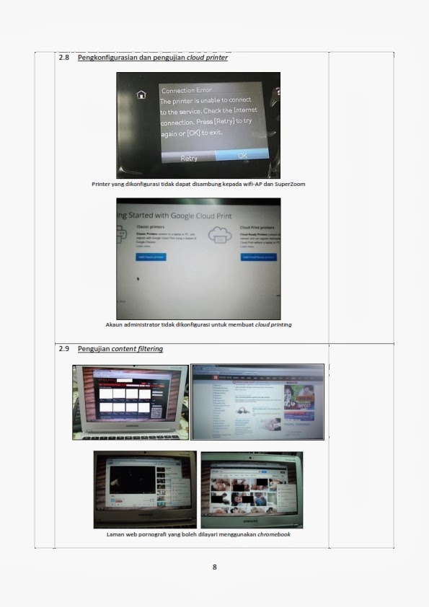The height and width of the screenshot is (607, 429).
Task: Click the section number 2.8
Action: point(63,58)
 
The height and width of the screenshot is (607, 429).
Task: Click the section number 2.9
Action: point(63,349)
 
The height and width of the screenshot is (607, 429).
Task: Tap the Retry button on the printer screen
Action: point(189,158)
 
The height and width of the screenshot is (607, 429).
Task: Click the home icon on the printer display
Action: point(141,94)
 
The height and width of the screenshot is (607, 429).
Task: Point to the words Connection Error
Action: point(187,91)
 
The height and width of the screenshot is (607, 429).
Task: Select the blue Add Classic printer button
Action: point(151,257)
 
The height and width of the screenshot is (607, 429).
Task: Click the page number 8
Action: point(214,567)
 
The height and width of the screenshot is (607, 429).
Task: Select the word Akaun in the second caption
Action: point(115,324)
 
